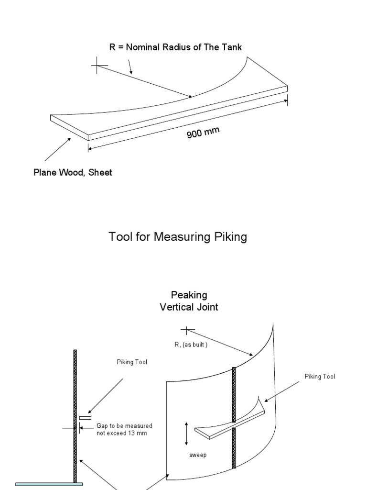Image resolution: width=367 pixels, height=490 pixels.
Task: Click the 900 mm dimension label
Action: [x=203, y=132]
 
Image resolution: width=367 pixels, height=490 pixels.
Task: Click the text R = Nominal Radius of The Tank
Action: [x=176, y=47]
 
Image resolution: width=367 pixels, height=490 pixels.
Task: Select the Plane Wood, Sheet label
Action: [x=73, y=172]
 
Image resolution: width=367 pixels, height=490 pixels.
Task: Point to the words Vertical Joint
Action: [x=189, y=307]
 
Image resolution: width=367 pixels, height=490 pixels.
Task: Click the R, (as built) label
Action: [x=191, y=344]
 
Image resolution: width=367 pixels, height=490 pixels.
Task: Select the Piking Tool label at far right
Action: [x=320, y=377]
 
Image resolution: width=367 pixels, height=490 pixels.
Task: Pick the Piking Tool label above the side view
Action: [x=132, y=362]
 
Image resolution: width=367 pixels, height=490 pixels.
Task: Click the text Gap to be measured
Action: [x=125, y=425]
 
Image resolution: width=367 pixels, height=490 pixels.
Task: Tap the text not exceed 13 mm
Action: [x=121, y=433]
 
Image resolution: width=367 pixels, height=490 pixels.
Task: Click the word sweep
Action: [x=197, y=455]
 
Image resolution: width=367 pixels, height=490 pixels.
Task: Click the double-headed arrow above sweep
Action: [x=187, y=433]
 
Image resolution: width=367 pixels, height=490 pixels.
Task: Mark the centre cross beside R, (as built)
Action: [x=187, y=329]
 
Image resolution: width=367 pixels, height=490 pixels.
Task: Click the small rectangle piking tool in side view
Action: [x=85, y=418]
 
